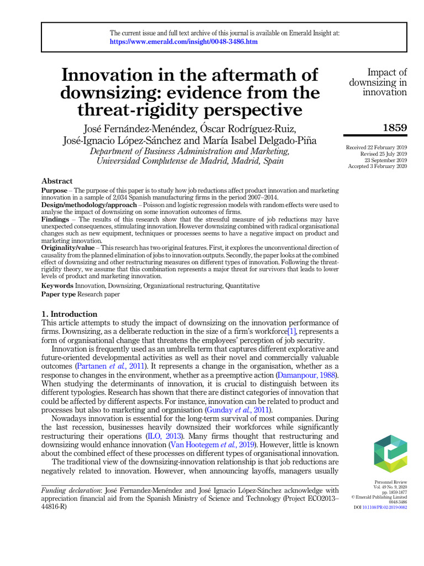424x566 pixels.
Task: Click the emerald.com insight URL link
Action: [184, 41]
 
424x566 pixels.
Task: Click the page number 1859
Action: [395, 128]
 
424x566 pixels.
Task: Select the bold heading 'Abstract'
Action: [57, 181]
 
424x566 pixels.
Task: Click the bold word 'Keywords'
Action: [57, 286]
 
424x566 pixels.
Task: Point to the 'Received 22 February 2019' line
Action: [376, 148]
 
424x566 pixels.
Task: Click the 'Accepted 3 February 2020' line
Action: [378, 166]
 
